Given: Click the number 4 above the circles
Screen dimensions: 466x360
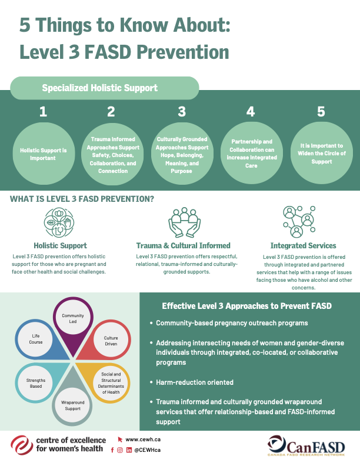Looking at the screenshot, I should tap(251, 111).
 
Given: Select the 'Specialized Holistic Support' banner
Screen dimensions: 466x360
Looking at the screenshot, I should tap(100, 88).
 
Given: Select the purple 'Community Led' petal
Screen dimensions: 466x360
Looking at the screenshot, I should tap(73, 322).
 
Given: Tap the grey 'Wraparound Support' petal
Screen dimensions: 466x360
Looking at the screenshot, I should tap(73, 402).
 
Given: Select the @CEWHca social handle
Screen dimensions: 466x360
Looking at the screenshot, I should tap(148, 450).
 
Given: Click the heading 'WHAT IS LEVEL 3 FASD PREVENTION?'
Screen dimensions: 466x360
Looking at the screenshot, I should tap(82, 199).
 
